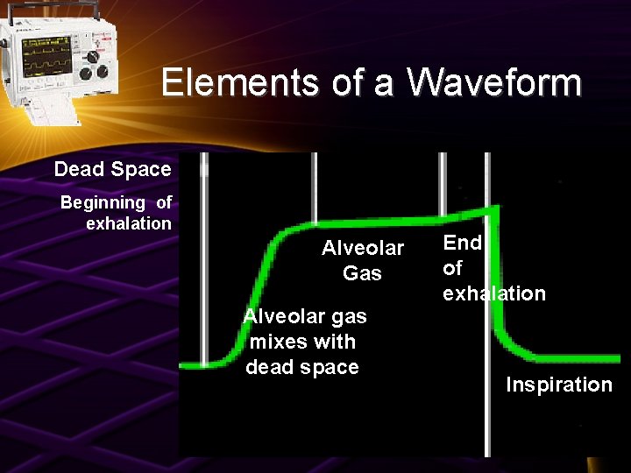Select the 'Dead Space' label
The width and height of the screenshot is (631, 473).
click(112, 168)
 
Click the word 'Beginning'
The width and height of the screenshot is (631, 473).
click(102, 202)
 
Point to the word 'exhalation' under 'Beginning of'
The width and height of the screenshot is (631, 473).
click(129, 223)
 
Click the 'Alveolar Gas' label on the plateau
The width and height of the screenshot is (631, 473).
click(363, 260)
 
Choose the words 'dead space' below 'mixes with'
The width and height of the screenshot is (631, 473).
click(302, 367)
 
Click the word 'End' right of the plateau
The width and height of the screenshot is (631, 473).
click(463, 243)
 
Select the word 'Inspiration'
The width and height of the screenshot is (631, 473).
click(558, 385)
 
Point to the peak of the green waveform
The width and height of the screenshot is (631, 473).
click(496, 208)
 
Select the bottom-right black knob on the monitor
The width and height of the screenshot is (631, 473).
click(103, 73)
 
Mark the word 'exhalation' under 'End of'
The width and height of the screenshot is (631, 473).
click(494, 293)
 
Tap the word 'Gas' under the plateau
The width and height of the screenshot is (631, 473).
click(363, 273)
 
